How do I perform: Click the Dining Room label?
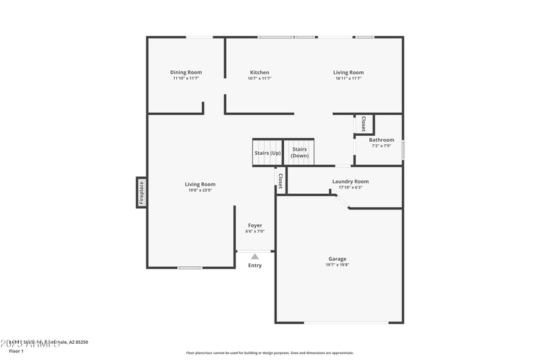point(186,72)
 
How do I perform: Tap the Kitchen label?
point(259,72)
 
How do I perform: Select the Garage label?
point(337,259)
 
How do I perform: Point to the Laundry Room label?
point(350,181)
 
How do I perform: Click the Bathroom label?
point(381,140)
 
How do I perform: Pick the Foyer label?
point(254,225)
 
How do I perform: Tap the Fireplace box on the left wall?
point(142,192)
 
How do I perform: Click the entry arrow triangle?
point(254,257)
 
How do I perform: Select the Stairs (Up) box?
point(267,153)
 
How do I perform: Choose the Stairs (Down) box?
point(300,153)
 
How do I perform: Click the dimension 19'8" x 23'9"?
point(200,190)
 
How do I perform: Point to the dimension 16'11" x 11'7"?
point(348,78)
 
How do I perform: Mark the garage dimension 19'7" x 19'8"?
point(337,265)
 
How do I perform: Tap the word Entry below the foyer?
point(254,265)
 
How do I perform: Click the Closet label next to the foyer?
point(280,179)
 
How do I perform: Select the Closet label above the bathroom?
point(363,124)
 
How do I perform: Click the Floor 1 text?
point(16,351)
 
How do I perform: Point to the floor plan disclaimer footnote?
point(269,353)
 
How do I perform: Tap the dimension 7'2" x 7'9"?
point(381,146)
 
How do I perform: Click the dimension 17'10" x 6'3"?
point(350,187)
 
